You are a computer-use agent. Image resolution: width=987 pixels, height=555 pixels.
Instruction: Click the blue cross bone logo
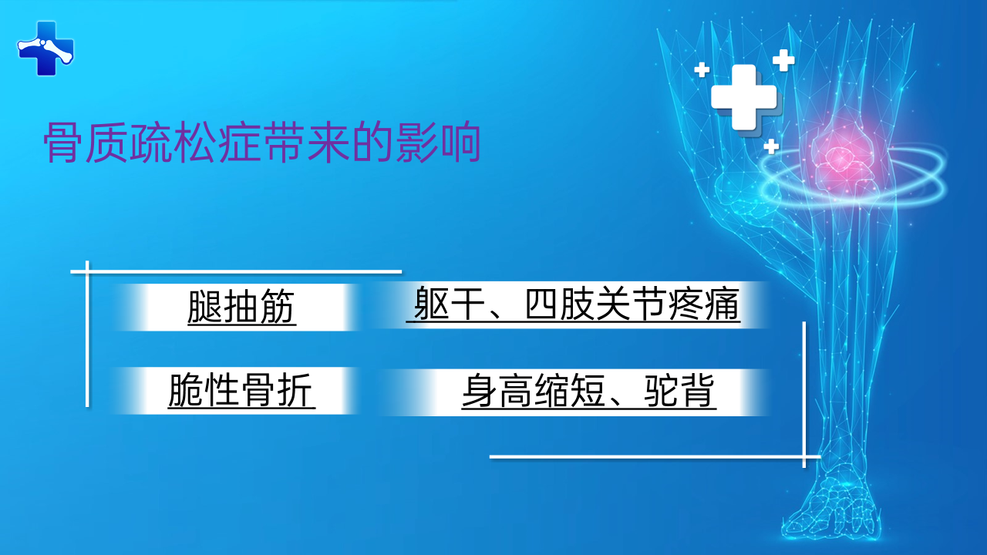click(45, 49)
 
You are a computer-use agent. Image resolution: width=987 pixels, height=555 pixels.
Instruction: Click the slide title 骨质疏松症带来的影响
click(262, 143)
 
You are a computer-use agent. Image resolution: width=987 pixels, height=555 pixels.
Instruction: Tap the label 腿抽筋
click(241, 307)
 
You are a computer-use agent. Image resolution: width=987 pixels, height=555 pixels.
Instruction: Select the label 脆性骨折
click(241, 390)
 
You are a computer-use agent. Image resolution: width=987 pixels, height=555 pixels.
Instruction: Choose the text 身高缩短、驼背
click(588, 391)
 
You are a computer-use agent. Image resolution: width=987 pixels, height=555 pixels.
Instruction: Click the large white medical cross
click(744, 97)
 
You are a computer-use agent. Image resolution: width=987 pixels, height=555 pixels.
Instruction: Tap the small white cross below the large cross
click(771, 146)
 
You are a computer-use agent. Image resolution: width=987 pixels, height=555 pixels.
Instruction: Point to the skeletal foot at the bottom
click(833, 506)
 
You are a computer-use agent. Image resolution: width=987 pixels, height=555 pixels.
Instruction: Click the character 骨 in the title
click(63, 143)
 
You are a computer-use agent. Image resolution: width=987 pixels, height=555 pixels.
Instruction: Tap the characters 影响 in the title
click(438, 143)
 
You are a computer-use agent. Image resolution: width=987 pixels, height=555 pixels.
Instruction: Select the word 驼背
click(679, 391)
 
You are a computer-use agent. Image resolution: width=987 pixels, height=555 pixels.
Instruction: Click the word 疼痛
click(704, 304)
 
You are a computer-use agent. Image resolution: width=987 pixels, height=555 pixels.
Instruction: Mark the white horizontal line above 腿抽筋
click(236, 272)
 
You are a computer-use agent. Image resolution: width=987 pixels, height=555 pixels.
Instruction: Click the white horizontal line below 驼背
click(655, 457)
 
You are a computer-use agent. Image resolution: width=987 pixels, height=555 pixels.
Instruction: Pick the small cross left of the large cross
click(702, 69)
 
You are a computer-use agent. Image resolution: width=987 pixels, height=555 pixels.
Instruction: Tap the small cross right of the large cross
click(783, 60)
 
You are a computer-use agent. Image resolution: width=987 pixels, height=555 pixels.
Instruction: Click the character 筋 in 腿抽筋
click(278, 307)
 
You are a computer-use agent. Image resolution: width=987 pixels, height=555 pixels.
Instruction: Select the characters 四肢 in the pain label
click(559, 304)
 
